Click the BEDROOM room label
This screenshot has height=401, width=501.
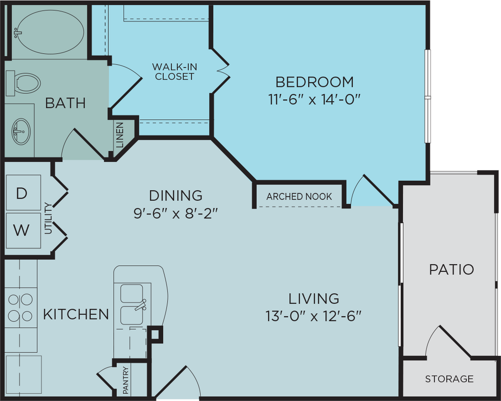click(314, 82)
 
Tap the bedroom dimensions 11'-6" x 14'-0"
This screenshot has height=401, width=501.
click(314, 100)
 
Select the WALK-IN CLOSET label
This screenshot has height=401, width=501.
click(174, 71)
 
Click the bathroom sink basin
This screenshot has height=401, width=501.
click(21, 131)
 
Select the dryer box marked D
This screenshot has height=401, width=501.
click(22, 193)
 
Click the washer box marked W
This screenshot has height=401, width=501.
click(22, 230)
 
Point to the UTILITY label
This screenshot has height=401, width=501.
click(48, 219)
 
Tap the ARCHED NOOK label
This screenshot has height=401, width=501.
click(299, 197)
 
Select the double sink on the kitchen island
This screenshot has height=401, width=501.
click(132, 304)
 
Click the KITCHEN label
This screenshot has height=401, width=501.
click(76, 314)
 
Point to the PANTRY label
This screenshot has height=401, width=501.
click(126, 380)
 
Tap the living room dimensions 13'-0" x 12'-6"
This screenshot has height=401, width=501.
click(314, 316)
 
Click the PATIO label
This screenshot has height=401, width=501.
click(451, 269)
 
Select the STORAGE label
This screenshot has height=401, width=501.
click(449, 379)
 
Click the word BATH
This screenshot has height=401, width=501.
click(65, 103)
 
